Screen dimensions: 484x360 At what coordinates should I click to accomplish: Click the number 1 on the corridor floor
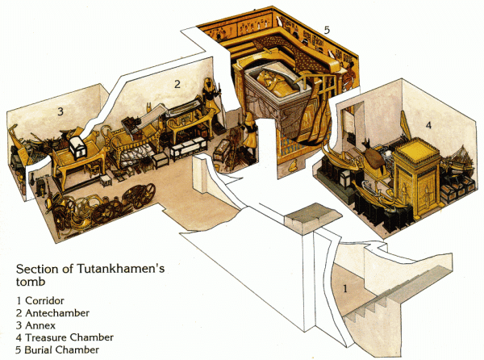pos(345,289)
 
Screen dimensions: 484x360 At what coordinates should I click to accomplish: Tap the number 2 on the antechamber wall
pos(177,84)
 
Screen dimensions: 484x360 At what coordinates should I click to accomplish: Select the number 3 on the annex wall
pos(60,111)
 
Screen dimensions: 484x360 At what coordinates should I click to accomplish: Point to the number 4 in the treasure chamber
pos(428,125)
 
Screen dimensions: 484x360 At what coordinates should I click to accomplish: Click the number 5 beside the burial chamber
pos(327,30)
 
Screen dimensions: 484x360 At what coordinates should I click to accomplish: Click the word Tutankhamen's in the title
pos(121,269)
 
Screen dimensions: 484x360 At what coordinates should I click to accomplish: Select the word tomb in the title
pos(31,282)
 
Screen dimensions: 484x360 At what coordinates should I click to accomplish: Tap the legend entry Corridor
pos(44,300)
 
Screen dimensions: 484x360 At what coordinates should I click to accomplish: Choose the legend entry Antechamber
pos(57,312)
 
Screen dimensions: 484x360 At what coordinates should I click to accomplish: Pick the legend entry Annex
pos(40,325)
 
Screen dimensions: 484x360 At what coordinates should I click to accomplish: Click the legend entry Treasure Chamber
pos(69,337)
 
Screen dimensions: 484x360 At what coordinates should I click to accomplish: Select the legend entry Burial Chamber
pos(62,350)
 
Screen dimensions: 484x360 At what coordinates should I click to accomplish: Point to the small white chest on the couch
pos(77,148)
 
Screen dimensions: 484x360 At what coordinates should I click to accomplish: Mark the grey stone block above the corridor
pos(313,218)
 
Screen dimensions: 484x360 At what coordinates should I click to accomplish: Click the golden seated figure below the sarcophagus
pos(292,165)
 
